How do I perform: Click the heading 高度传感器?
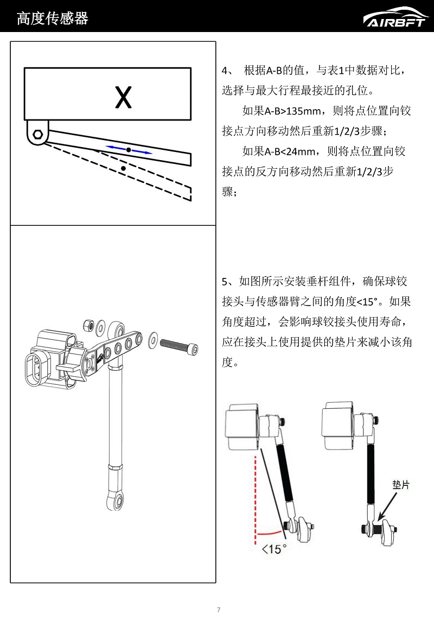pos(52,19)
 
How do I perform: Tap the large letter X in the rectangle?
pos(124,98)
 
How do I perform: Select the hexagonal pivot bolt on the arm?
pos(37,135)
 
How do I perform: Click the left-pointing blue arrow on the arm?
pos(115,147)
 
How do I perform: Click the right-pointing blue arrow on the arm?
pos(142,151)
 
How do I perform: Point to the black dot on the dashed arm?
pos(124,169)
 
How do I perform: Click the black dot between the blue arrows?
pos(129,149)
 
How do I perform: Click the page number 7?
pos(218,610)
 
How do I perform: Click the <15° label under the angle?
pos(274,549)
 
